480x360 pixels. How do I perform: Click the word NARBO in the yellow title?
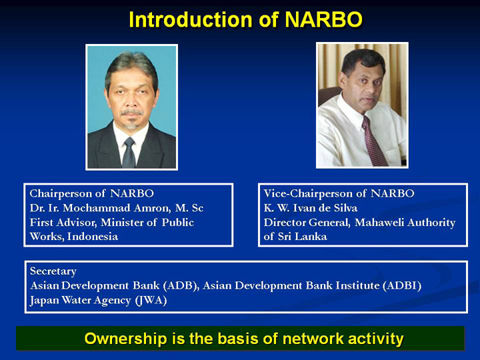click(x=323, y=19)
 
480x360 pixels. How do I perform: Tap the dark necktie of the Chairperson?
click(x=129, y=153)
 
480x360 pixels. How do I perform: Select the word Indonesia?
click(x=93, y=236)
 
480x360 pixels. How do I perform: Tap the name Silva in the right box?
click(x=345, y=208)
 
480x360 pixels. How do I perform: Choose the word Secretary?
click(x=53, y=271)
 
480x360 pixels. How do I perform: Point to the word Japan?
click(x=45, y=300)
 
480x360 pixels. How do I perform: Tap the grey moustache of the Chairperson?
click(x=132, y=112)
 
